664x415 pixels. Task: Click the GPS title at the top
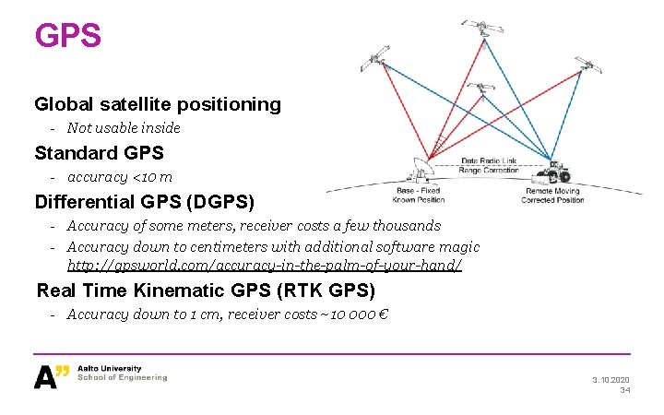[67, 36]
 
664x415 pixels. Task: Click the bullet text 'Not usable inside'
[124, 128]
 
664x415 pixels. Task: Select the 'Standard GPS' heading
[99, 152]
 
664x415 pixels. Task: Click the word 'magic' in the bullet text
[458, 247]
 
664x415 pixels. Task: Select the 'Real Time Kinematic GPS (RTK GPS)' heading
[206, 290]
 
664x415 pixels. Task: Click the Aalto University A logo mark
[52, 374]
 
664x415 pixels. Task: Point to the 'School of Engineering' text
[123, 378]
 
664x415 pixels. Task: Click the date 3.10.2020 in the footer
[610, 380]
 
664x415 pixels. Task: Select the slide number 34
[624, 391]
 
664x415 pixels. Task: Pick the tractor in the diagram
[553, 172]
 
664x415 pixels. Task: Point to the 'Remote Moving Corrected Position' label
[553, 196]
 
